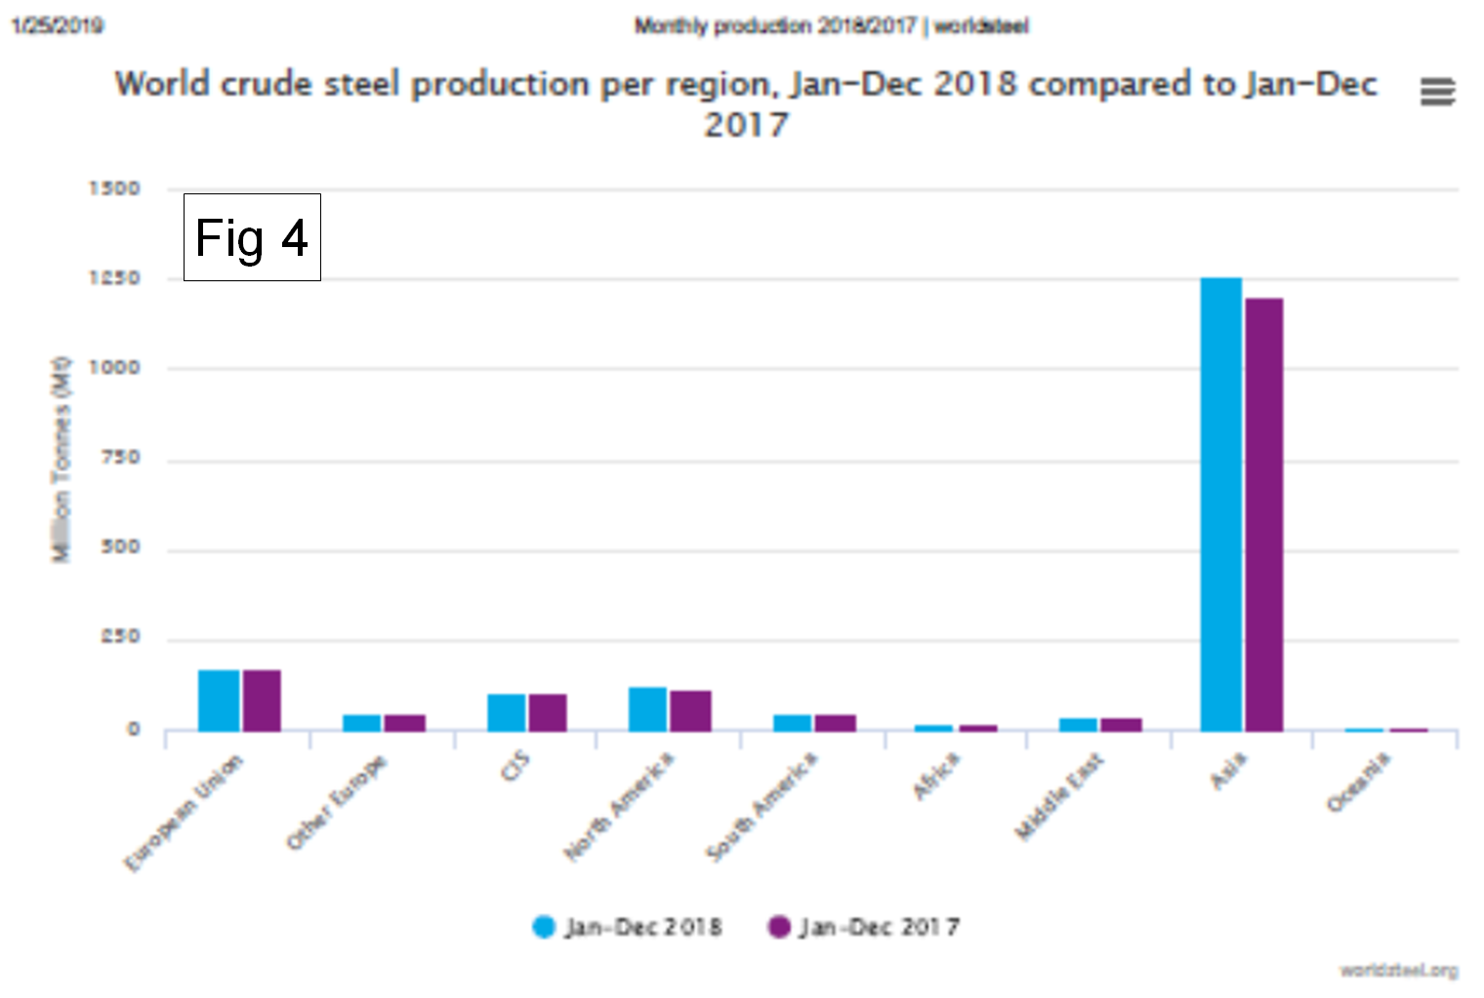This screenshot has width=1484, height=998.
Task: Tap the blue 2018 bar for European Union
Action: [x=219, y=700]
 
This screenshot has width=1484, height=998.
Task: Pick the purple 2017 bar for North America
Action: [x=690, y=711]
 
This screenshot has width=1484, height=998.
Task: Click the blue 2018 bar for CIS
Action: [x=506, y=713]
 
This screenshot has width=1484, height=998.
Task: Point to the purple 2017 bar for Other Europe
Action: [x=404, y=723]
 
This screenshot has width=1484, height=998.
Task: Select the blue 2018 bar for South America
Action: [x=792, y=723]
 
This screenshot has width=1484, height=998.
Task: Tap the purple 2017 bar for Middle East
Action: [x=1121, y=725]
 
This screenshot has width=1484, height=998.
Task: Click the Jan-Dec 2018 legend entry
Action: [x=627, y=927]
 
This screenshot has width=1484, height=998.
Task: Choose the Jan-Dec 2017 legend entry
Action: [x=864, y=927]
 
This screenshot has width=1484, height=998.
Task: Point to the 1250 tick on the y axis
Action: [x=115, y=278]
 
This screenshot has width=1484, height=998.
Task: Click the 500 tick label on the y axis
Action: [x=120, y=547]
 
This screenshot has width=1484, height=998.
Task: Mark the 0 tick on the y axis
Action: [x=134, y=729]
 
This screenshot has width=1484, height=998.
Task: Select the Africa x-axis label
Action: [x=936, y=776]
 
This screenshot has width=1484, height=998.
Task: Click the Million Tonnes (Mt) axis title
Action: [x=62, y=459]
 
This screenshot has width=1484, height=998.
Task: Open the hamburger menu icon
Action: [x=1437, y=92]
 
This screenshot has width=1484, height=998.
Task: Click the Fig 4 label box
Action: [x=252, y=237]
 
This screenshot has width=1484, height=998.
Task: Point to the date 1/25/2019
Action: [x=57, y=25]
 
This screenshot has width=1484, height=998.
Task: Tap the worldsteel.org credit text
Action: [x=1398, y=970]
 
